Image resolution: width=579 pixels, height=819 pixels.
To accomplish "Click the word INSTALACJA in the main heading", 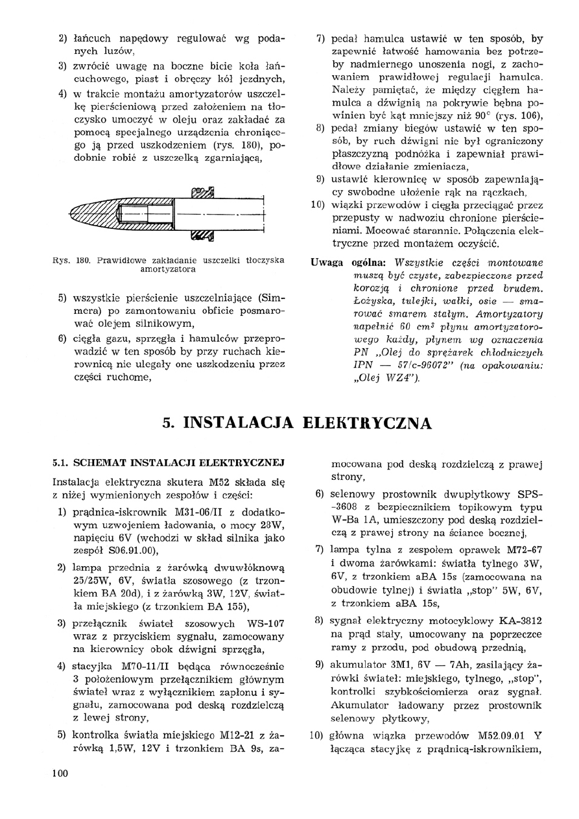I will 240,423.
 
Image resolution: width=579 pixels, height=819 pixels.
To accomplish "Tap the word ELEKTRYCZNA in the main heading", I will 365,423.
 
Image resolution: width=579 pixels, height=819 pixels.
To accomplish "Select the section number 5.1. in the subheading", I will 64,464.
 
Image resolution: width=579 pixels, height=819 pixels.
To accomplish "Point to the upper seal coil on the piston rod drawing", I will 202,191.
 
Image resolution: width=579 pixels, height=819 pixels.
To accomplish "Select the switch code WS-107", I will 267,624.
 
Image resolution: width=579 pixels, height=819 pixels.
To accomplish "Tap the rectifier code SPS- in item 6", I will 529,493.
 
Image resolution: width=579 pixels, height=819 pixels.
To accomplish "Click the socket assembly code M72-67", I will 521,550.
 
